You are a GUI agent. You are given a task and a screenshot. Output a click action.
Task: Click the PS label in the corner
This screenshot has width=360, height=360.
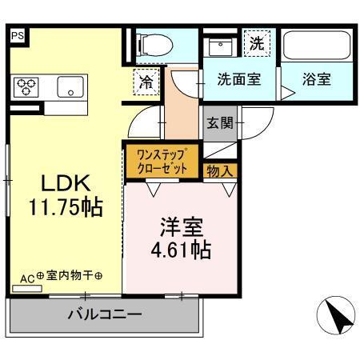click(18, 36)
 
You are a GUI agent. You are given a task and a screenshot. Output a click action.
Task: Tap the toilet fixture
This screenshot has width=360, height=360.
click(153, 46)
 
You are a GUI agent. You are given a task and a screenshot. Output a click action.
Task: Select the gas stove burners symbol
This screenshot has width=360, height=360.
click(26, 86)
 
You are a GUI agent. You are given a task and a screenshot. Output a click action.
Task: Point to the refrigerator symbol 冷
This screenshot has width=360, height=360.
click(147, 81)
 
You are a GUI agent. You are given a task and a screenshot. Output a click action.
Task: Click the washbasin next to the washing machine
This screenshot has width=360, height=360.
click(218, 46)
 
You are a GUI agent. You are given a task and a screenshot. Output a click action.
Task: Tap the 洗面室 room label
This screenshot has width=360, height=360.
click(238, 81)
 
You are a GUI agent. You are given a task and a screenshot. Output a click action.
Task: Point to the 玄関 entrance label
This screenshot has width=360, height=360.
click(220, 123)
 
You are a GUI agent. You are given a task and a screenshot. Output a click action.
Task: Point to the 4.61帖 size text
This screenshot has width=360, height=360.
click(181, 250)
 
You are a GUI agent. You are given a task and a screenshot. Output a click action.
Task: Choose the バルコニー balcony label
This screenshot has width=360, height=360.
click(104, 314)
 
